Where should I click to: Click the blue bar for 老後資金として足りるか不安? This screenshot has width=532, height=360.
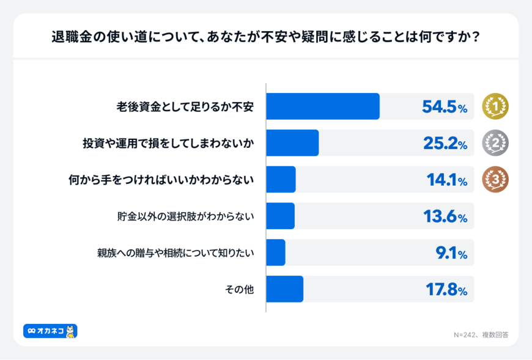323,106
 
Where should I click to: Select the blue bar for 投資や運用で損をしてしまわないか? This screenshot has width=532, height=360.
292,143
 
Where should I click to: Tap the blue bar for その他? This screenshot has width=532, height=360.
285,289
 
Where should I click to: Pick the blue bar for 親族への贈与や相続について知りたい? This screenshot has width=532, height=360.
276,252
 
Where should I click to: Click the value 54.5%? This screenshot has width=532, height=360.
445,107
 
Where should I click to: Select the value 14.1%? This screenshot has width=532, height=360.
446,180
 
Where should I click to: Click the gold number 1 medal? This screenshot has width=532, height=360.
495,106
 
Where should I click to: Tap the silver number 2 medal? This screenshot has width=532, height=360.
495,143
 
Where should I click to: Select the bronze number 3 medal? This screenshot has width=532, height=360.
495,180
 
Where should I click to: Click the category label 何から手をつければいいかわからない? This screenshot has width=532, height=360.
161,180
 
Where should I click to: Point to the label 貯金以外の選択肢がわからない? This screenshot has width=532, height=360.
185,216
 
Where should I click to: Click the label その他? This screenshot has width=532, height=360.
240,289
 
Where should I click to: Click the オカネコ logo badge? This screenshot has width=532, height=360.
50,331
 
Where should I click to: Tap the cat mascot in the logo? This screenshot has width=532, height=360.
70,331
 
